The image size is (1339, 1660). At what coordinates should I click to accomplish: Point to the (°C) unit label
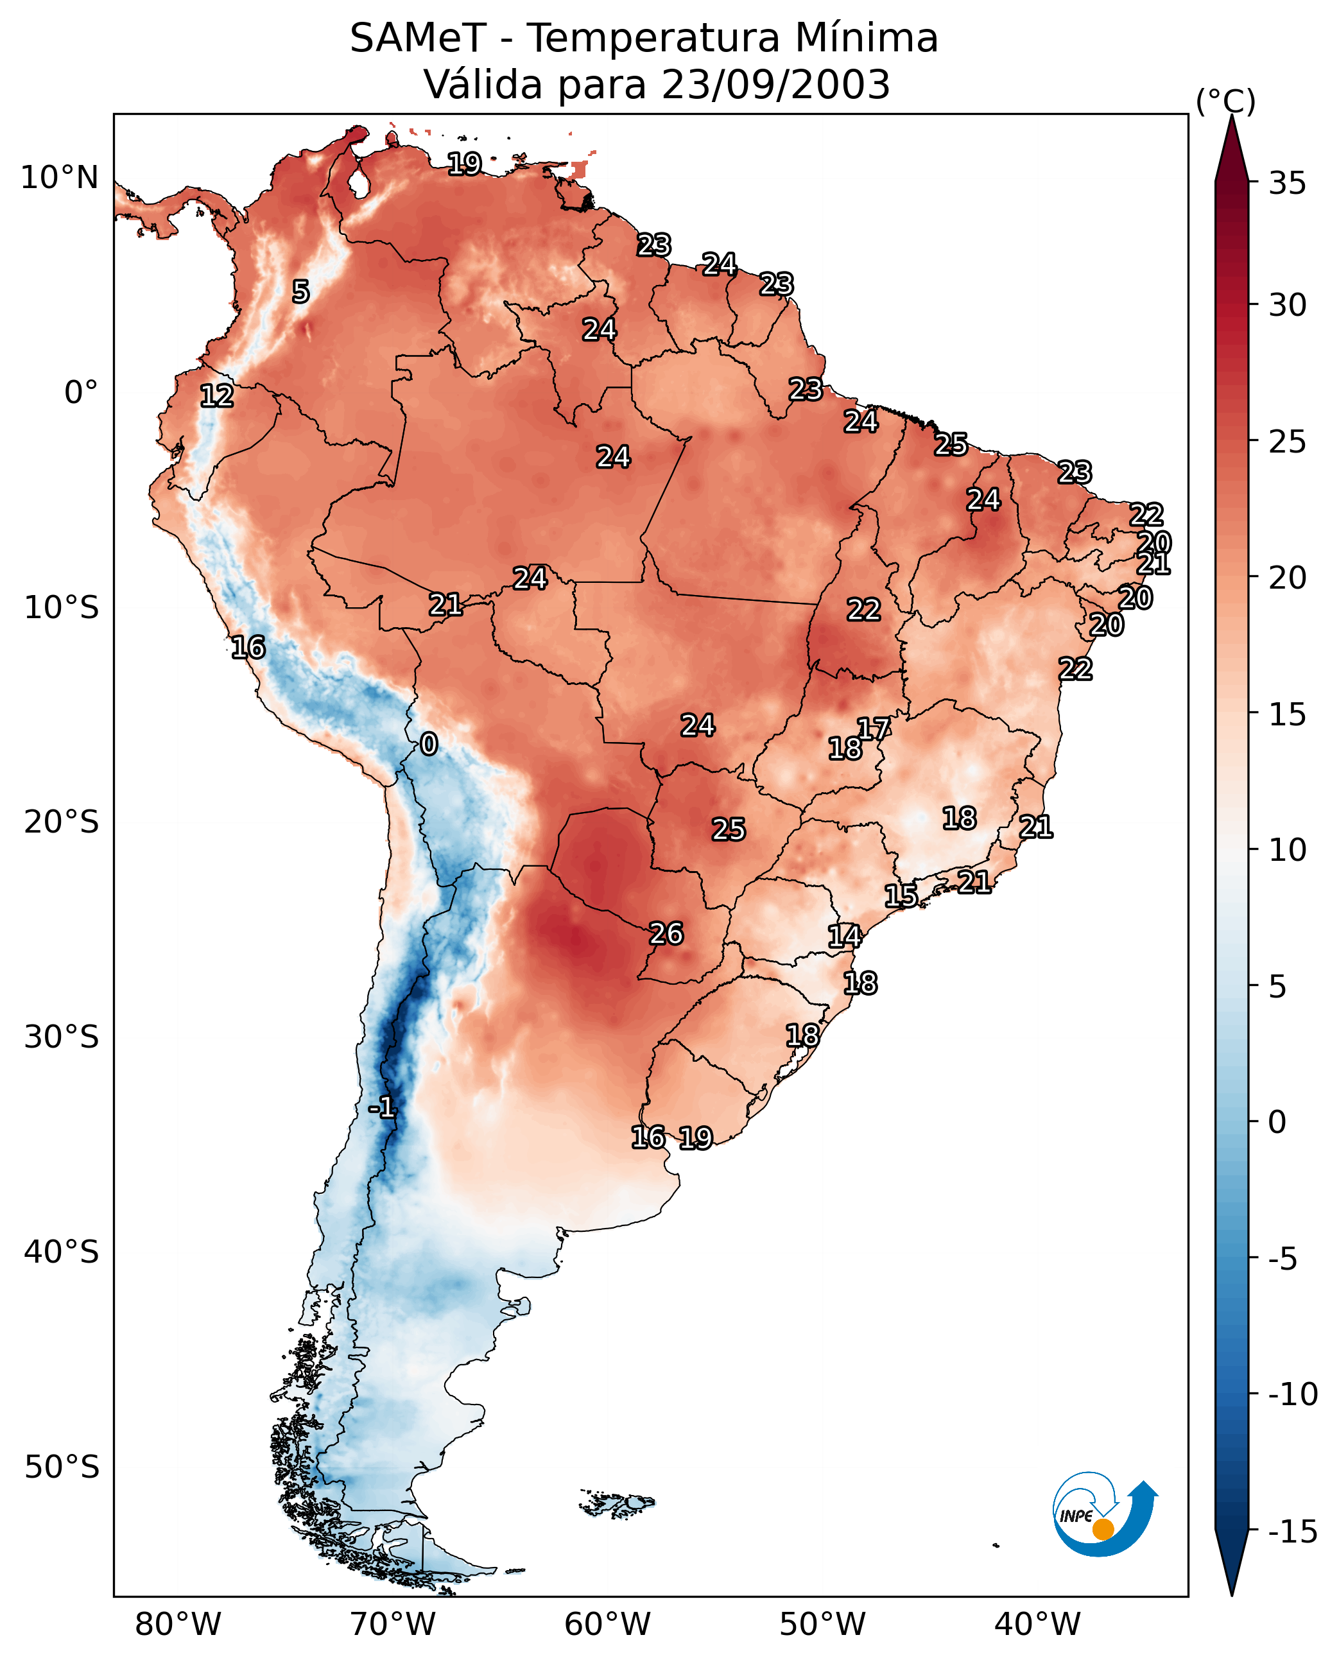click(x=1225, y=101)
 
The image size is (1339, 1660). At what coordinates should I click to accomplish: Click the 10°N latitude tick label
click(x=60, y=178)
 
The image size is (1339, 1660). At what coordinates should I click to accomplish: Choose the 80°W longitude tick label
click(x=178, y=1625)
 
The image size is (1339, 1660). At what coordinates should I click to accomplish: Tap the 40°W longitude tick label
click(x=1037, y=1625)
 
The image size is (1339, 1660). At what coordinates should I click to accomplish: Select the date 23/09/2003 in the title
click(x=776, y=84)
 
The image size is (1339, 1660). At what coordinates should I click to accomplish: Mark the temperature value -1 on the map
click(x=382, y=1108)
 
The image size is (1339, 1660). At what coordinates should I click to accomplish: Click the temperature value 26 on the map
click(x=666, y=933)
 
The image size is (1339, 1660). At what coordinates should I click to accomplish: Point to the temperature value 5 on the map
click(x=301, y=291)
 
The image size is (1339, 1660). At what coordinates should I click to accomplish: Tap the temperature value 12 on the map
click(x=217, y=395)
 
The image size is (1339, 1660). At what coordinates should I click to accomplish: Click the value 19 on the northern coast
click(x=464, y=164)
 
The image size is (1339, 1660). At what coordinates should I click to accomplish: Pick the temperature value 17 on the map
click(x=874, y=728)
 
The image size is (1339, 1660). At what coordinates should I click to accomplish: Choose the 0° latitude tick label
click(x=81, y=393)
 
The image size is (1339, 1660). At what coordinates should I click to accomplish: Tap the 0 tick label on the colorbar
click(x=1277, y=1122)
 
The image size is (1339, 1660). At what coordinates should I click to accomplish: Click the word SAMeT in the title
click(x=418, y=38)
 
